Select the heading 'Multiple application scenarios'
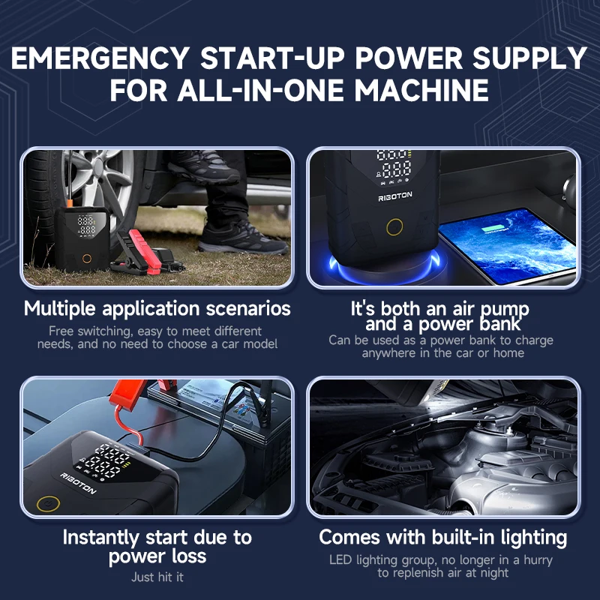pos(157,308)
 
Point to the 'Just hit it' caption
pos(157,577)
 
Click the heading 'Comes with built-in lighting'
pos(442,537)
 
